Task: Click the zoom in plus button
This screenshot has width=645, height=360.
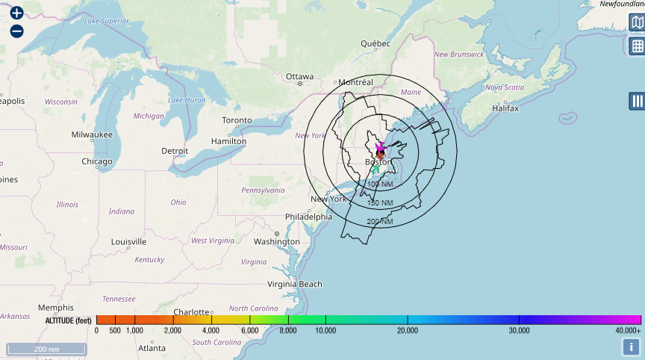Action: (x=16, y=13)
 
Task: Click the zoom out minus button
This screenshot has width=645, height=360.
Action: (x=16, y=31)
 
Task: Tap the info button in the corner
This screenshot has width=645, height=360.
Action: (x=632, y=347)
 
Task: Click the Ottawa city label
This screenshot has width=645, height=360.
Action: (x=299, y=76)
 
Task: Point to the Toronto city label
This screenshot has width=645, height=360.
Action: (x=237, y=120)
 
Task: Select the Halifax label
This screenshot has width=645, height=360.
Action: (x=505, y=108)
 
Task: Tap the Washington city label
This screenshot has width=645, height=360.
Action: (x=276, y=241)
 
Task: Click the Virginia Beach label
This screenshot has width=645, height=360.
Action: (x=295, y=284)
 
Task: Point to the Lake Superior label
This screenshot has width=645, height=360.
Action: (x=107, y=21)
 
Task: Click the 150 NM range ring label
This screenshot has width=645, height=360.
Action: (x=380, y=203)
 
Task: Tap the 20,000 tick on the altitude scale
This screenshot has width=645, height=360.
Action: (x=407, y=330)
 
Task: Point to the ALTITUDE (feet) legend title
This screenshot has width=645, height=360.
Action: (x=68, y=320)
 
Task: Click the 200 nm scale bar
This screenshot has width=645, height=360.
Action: (x=46, y=349)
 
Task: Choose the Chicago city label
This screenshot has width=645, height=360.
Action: (x=97, y=161)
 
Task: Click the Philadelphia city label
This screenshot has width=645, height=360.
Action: (x=308, y=217)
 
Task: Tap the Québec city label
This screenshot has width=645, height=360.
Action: (x=376, y=43)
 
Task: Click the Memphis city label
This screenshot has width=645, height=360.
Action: (x=56, y=308)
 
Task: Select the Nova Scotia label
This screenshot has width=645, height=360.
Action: (x=504, y=87)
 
